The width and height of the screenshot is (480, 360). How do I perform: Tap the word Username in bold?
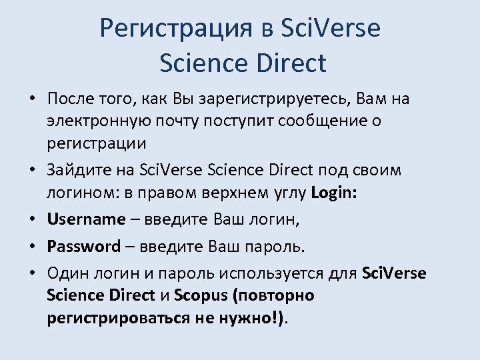coord(86,219)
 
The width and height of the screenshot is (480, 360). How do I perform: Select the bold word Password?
coord(83,247)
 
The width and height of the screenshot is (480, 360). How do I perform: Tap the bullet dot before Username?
coord(31,220)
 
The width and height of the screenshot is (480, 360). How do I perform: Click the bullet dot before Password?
coord(31,247)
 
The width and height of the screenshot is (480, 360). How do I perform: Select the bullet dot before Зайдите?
coord(31,171)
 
